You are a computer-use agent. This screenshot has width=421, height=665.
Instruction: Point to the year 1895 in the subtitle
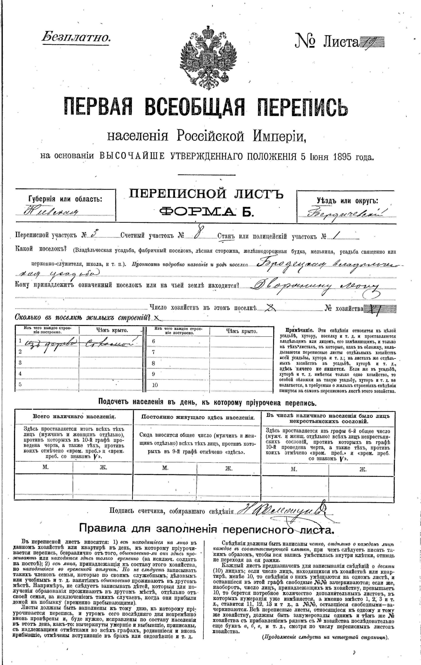click(343, 156)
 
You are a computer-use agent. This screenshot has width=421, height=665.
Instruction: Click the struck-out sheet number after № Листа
click(372, 43)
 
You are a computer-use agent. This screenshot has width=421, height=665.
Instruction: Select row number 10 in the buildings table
click(155, 385)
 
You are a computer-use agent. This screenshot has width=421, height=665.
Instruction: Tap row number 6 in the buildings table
click(153, 341)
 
